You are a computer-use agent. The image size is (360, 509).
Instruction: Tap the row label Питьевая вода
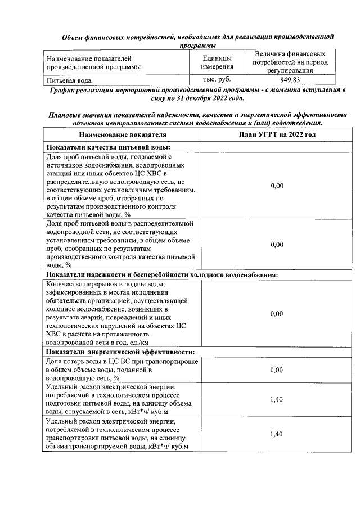[69, 80]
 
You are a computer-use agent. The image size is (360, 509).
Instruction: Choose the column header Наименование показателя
[122, 135]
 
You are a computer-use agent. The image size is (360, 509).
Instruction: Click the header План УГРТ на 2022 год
[277, 135]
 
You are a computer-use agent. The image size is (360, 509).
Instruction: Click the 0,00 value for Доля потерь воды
[277, 370]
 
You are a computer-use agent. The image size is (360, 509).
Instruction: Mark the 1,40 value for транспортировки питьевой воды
[277, 434]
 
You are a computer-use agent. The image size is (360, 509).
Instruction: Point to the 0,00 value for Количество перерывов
[277, 313]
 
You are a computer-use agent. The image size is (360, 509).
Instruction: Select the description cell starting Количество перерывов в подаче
[122, 313]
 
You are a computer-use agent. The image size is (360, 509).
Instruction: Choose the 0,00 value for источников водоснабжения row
[277, 186]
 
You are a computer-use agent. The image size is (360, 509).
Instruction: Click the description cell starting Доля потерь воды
[122, 370]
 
